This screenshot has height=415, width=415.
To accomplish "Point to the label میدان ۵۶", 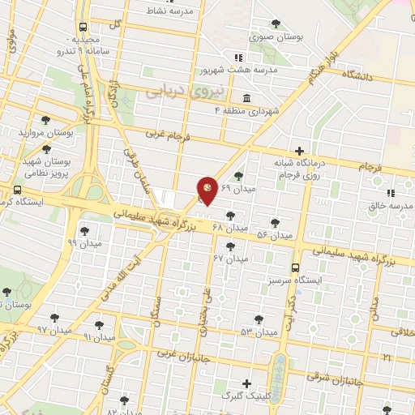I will pos(274,234).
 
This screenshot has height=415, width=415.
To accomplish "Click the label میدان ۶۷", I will pos(230,259).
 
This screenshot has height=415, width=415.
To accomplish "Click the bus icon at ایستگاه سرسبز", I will pos(295,267).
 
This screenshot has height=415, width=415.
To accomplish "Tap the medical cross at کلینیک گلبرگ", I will pos(246,383).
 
